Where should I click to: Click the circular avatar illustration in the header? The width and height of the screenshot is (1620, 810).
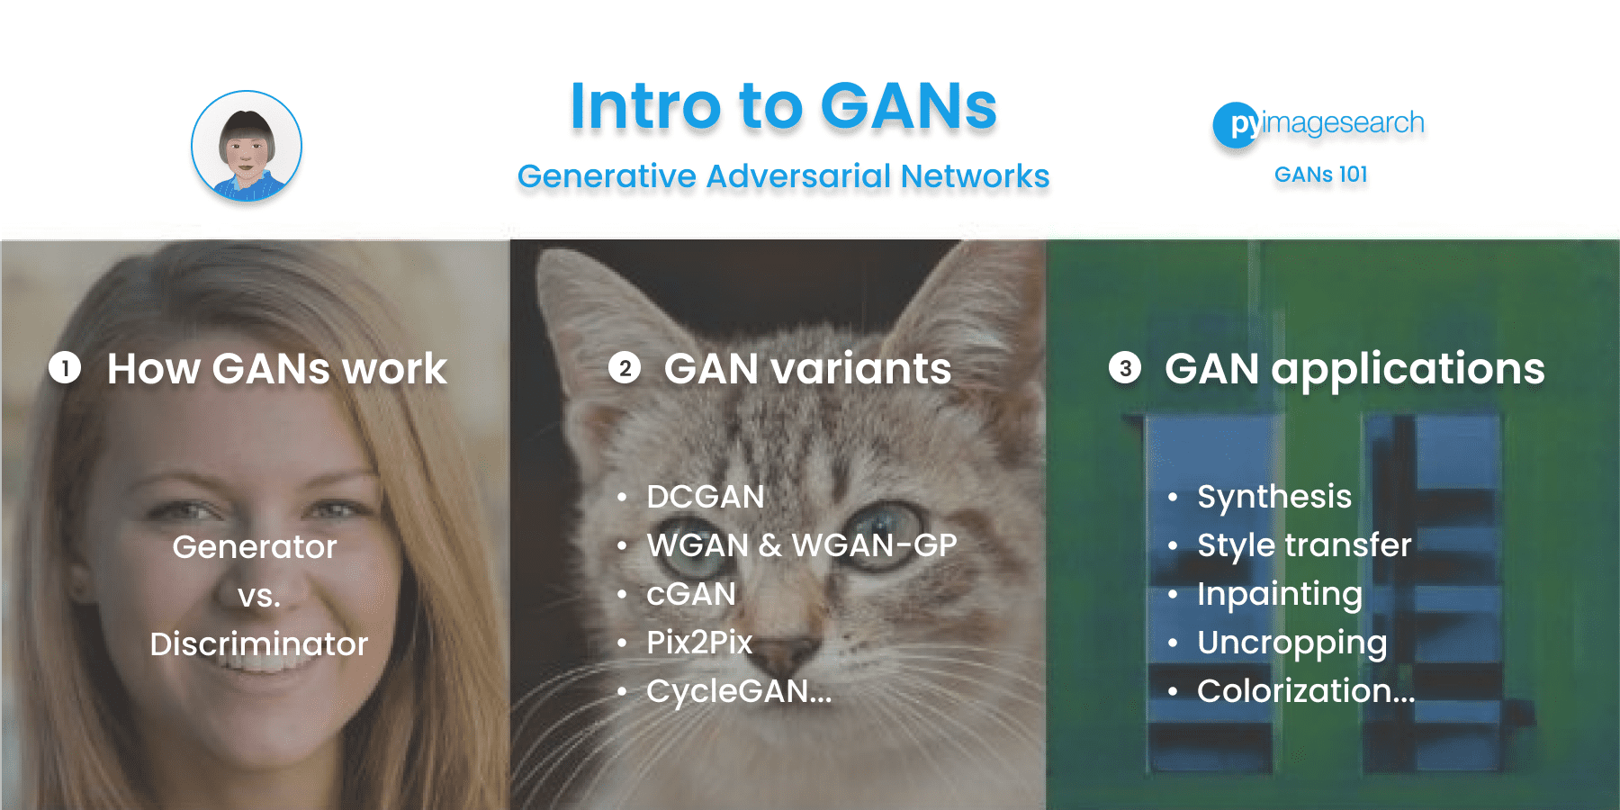(246, 146)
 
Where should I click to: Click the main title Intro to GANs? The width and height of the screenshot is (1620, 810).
(783, 106)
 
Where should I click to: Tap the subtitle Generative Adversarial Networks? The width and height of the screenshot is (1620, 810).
(783, 176)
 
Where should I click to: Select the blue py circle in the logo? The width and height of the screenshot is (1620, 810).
(1236, 124)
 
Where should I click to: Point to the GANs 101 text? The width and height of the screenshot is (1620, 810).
(1320, 175)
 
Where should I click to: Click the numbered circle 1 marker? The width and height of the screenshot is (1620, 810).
(65, 368)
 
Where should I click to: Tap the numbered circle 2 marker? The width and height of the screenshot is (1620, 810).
(625, 368)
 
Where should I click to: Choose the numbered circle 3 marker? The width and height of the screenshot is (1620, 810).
(1125, 368)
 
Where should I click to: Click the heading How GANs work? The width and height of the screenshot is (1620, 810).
(276, 369)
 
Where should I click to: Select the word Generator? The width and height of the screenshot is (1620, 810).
(255, 547)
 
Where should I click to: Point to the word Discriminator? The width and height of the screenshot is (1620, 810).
(259, 644)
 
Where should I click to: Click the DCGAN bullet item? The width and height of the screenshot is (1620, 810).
(705, 497)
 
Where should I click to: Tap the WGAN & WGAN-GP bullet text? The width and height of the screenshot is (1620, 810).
(801, 545)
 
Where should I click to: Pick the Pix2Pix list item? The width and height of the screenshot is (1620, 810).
(699, 643)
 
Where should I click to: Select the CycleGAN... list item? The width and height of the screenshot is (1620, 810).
(738, 691)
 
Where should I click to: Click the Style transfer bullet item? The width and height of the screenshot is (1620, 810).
(1303, 545)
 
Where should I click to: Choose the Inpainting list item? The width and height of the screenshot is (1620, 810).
(1279, 594)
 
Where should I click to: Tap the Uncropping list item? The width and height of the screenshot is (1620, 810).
(1291, 643)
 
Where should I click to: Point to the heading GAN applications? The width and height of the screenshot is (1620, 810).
(1354, 369)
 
